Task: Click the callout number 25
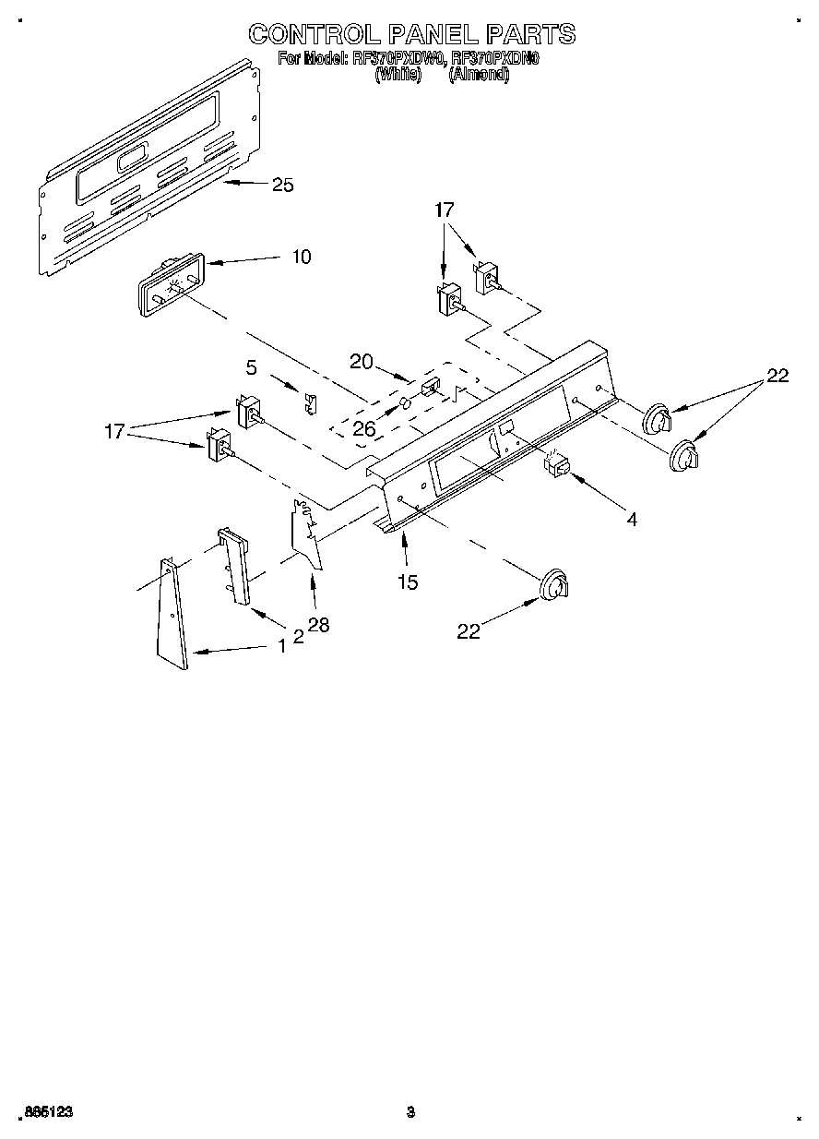tap(282, 186)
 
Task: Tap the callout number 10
tap(301, 258)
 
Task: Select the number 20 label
tap(362, 363)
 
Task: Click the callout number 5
tap(251, 367)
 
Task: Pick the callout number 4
tap(631, 520)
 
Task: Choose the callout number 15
tap(407, 581)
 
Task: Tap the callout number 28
tap(318, 625)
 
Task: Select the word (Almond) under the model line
tap(478, 77)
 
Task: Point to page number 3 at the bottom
tap(410, 1112)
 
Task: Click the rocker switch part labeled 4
tap(556, 467)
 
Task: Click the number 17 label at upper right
tap(445, 210)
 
